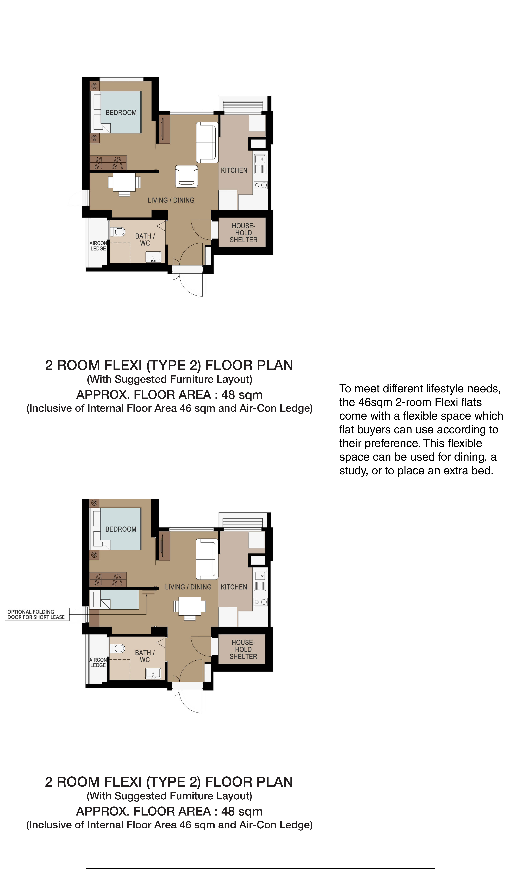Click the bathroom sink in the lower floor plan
tap(153, 674)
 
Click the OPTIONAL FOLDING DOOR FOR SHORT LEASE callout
tap(37, 614)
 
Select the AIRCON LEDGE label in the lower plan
tap(98, 662)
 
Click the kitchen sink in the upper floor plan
tap(260, 164)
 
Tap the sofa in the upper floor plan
tap(207, 142)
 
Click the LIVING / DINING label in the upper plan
tap(171, 200)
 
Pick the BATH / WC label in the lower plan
tap(145, 656)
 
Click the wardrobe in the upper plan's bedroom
tap(108, 163)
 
